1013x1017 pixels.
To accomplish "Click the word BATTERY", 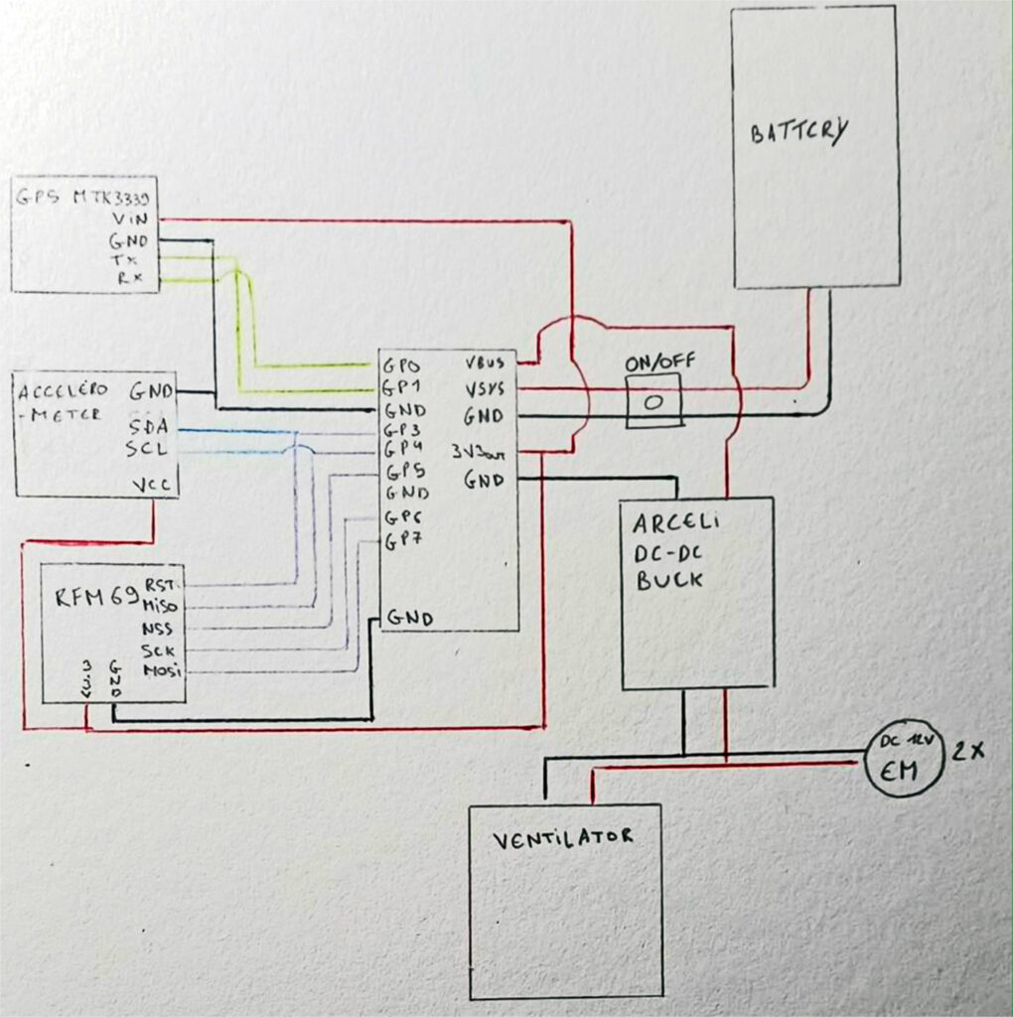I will (798, 133).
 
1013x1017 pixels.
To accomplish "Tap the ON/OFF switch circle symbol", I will (653, 402).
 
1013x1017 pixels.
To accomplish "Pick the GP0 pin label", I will (402, 364).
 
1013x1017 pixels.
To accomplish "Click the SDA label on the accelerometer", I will (147, 427).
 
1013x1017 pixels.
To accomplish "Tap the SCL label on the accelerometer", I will (146, 448).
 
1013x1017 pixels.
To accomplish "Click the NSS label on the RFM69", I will (157, 629).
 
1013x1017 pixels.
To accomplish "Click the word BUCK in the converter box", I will (670, 577).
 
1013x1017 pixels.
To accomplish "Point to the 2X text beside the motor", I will (967, 752).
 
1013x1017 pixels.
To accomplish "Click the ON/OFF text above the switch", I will (652, 363).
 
